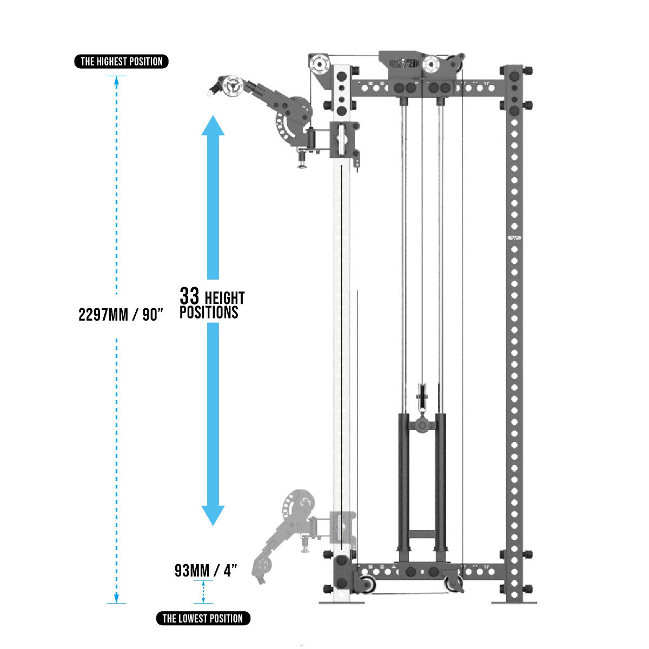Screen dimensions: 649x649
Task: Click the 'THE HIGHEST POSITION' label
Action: coord(121,62)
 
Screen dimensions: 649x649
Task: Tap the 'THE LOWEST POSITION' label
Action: coord(203,619)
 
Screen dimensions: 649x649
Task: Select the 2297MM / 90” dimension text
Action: coord(121,315)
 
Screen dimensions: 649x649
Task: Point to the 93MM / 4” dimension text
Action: coord(206,571)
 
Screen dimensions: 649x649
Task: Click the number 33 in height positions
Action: coord(189,296)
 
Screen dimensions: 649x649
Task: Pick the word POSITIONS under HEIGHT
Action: coord(209,312)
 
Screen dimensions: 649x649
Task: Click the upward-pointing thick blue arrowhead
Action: coord(213,125)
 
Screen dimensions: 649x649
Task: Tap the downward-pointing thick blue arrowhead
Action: coord(213,515)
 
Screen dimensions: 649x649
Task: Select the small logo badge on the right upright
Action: coord(514,238)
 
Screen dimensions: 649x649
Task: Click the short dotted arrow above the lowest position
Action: coord(203,592)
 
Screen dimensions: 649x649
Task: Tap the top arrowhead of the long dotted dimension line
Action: coord(116,80)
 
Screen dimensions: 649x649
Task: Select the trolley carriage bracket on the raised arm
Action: coord(345,140)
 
